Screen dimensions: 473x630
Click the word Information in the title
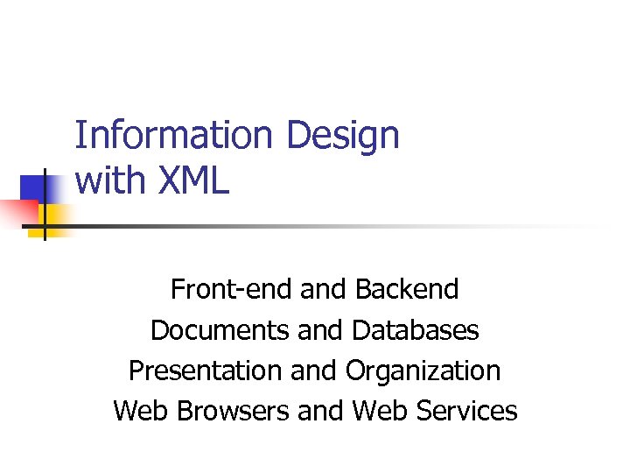click(174, 137)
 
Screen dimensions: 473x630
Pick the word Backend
click(407, 288)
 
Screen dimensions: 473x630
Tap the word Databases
click(416, 329)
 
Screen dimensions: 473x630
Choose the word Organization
click(423, 371)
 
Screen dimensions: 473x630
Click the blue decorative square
click(38, 189)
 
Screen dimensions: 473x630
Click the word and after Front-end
click(324, 288)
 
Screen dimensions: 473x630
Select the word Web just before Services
click(380, 411)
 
